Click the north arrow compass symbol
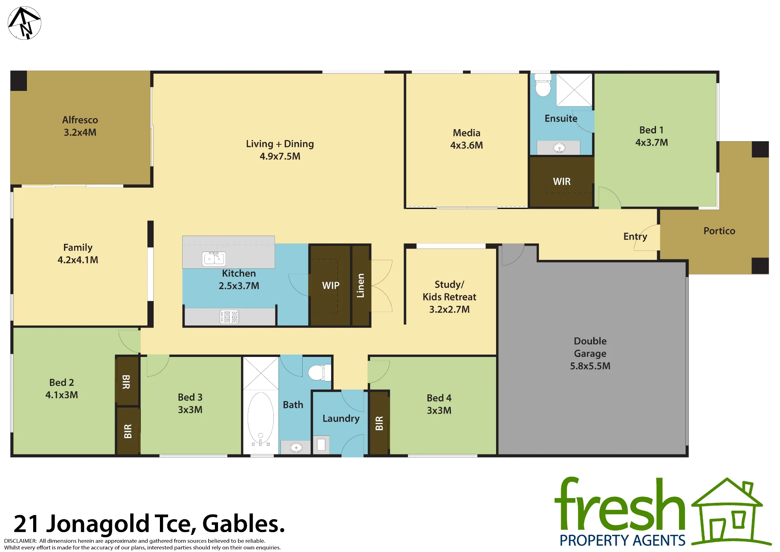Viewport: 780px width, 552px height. tap(24, 23)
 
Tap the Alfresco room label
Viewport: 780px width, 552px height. tap(80, 120)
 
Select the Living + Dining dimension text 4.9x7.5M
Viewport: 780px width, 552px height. tap(280, 156)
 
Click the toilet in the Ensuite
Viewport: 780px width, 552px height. tap(543, 85)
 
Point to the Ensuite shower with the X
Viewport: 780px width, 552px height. tap(574, 90)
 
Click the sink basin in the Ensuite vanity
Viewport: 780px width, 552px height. tap(559, 148)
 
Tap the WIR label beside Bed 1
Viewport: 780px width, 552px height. tap(562, 181)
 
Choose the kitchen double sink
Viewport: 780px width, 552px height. tap(214, 259)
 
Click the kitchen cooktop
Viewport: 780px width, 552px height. tap(229, 317)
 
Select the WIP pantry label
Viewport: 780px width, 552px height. tap(331, 286)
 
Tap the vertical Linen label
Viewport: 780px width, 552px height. tap(361, 286)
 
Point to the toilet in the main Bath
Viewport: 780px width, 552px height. tap(320, 372)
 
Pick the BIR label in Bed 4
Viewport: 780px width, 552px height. tap(379, 423)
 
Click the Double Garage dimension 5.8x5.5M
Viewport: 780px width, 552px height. tap(590, 366)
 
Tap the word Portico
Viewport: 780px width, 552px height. tap(719, 231)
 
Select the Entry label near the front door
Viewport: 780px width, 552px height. tap(635, 236)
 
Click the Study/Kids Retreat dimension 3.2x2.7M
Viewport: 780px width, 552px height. tap(449, 309)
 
